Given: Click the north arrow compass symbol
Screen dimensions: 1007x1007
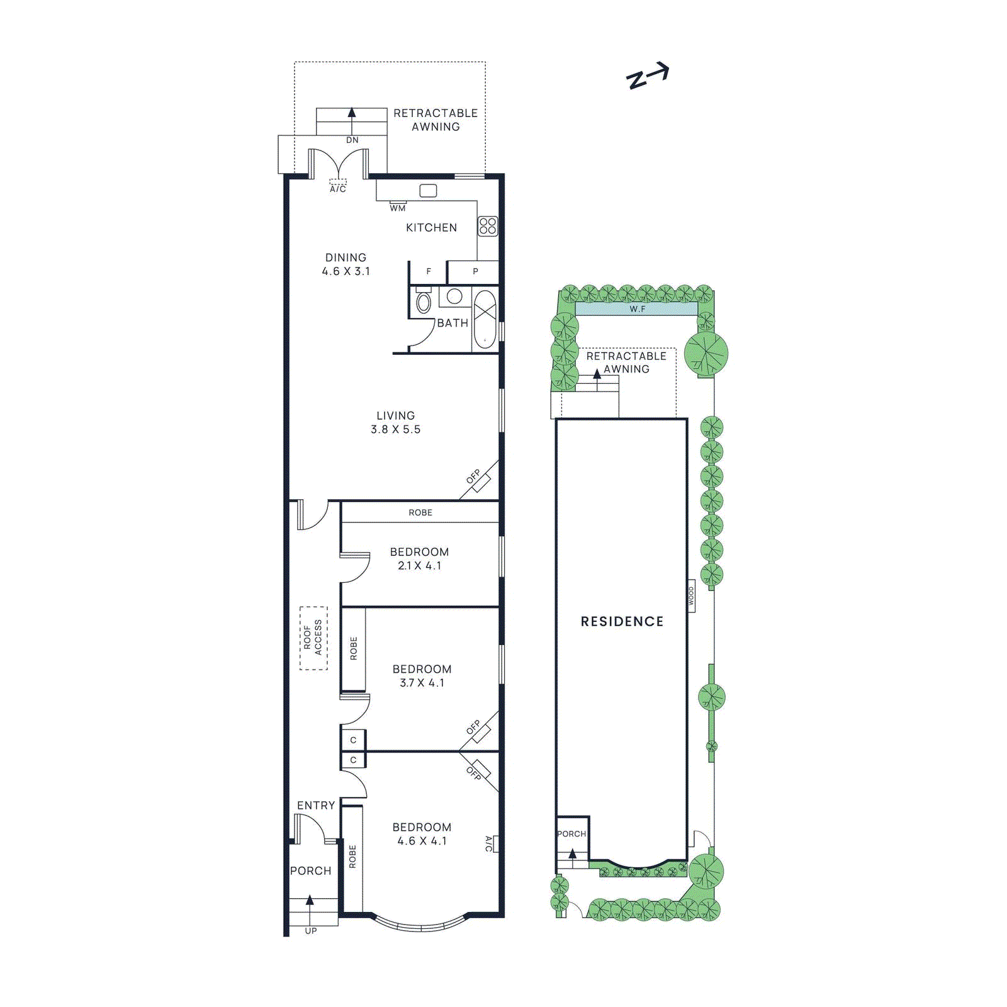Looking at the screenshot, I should tap(648, 76).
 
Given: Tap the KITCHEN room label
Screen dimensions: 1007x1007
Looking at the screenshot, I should tap(431, 228).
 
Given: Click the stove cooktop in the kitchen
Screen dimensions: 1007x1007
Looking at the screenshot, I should tap(488, 226).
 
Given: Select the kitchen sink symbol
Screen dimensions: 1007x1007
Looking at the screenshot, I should tap(428, 191).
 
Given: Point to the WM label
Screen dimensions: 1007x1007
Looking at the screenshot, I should tap(398, 208).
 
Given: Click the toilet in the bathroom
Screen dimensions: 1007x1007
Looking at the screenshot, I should tap(424, 303).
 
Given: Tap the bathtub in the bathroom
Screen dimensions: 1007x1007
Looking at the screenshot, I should tap(485, 320).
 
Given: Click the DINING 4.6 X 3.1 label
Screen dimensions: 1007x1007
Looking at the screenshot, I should tap(346, 264).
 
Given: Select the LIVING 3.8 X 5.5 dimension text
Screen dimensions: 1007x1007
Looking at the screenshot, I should tap(395, 429).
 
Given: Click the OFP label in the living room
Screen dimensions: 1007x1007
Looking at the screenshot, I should tap(473, 476).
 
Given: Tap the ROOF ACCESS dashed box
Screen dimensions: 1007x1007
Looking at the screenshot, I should tap(313, 638).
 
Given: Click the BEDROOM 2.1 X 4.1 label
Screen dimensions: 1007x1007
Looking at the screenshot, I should tap(419, 559).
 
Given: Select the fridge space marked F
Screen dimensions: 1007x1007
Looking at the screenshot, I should tap(429, 272).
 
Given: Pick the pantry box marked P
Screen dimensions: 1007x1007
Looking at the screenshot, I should tap(475, 272).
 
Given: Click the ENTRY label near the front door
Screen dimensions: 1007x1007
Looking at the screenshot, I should tap(316, 806).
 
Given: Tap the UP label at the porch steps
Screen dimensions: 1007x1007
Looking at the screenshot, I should tap(311, 931).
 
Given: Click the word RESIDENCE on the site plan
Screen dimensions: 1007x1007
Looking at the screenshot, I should tap(622, 622).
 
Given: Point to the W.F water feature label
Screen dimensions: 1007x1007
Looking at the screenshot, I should tap(637, 309).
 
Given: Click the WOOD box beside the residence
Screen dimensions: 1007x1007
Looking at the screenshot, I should tap(691, 596).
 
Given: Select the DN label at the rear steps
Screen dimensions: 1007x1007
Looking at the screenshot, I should tap(352, 140).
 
